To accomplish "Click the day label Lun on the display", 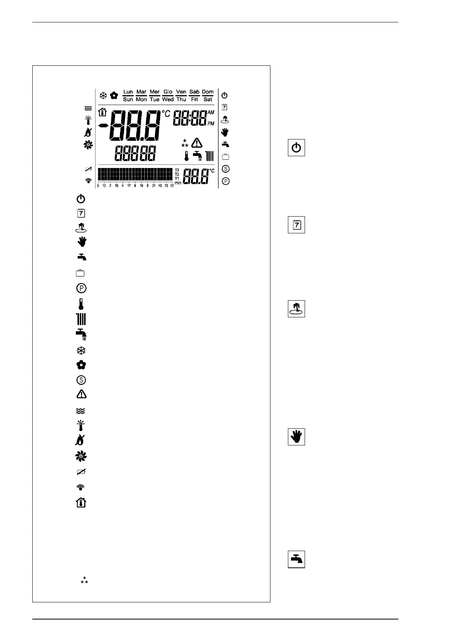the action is pos(128,92).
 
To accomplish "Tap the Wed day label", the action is pos(168,100).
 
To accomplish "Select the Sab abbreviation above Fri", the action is pos(194,92).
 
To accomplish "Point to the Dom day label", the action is pos(208,92).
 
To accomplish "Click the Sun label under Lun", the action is pos(128,100).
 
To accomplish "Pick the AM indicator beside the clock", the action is pos(211,112).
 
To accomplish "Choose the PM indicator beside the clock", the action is pos(211,124).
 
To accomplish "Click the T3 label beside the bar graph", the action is pos(177,170).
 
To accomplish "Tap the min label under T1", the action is pos(178,183).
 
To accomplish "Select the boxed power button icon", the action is pos(296,147).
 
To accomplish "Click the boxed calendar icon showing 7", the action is pos(296,225).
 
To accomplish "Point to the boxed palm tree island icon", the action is pos(296,309).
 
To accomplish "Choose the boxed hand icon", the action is pos(296,437).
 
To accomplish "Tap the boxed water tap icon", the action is pos(296,559).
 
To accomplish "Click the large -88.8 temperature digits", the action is pos(135,126).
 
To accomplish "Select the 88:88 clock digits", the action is pos(190,118).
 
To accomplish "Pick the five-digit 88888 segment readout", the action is pos(135,154).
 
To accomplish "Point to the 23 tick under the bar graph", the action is pos(166,186).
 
